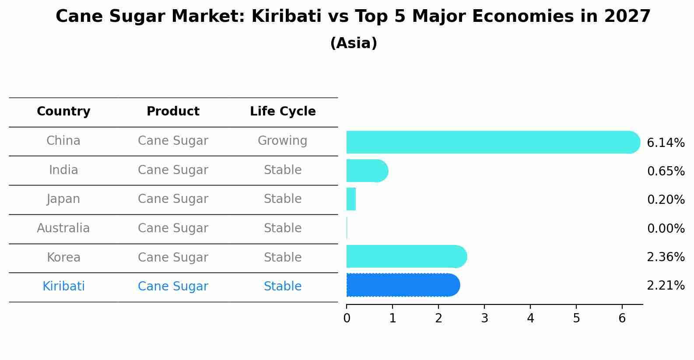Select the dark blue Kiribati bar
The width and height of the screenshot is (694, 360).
(403, 285)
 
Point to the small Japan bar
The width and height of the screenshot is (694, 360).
(351, 199)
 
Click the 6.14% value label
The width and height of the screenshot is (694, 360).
(665, 143)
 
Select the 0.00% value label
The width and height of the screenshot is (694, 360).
(666, 228)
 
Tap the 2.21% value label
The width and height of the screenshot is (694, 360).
(665, 286)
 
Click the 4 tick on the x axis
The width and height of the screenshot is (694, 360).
(530, 318)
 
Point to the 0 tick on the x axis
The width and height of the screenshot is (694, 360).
(347, 318)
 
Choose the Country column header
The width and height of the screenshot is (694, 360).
(63, 112)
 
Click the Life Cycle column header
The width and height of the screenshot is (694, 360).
(283, 112)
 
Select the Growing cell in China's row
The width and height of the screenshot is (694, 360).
(282, 141)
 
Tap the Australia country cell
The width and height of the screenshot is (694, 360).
(63, 228)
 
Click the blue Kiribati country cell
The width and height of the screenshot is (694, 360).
(63, 287)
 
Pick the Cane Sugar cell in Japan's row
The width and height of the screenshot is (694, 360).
(173, 199)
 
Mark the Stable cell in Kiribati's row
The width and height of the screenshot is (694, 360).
(282, 287)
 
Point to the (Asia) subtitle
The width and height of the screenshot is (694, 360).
(353, 43)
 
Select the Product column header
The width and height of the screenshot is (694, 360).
(173, 112)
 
